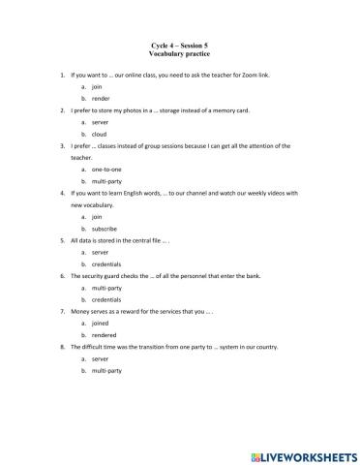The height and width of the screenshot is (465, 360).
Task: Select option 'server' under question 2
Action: tap(101, 123)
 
